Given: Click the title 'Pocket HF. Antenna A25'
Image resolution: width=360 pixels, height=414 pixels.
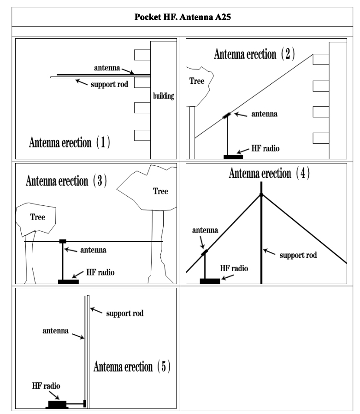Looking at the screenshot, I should tap(180, 18).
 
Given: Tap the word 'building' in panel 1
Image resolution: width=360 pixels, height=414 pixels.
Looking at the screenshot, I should tap(163, 97).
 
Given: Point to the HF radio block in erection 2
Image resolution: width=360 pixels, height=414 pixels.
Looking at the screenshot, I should tap(233, 157).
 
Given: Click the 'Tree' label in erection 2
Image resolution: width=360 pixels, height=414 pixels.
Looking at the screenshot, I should tap(197, 81).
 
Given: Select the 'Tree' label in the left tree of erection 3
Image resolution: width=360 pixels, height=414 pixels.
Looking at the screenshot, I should tap(37, 217).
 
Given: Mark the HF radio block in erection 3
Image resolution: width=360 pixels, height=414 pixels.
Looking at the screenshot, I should tap(68, 281).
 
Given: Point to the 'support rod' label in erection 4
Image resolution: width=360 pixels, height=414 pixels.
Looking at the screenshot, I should tap(298, 255).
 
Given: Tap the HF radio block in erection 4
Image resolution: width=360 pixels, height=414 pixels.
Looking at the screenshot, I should tap(210, 281).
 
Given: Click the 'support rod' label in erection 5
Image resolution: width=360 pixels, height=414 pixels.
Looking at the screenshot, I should tap(125, 313).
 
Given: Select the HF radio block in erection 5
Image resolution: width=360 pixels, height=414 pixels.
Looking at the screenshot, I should tap(58, 404).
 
